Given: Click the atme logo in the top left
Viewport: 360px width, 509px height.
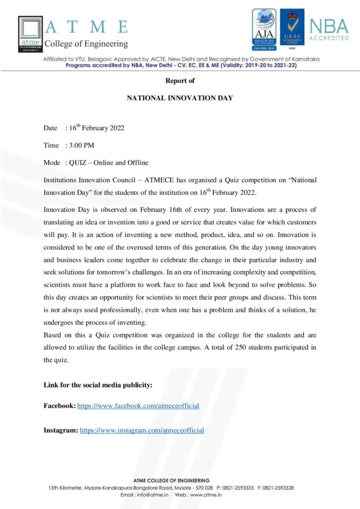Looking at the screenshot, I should tap(30, 34).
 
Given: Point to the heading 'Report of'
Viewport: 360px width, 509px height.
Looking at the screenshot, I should tap(180, 81).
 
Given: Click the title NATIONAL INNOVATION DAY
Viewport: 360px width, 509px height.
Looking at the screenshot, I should tap(180, 98).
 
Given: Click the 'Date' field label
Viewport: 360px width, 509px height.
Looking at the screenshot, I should tap(50, 128).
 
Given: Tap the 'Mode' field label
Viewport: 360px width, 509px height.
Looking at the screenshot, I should tap(52, 163).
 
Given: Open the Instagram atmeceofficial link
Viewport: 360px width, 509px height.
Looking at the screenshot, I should tap(142, 430).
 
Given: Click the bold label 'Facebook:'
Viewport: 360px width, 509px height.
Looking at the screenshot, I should tap(60, 406).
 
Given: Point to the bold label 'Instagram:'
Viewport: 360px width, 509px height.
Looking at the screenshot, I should tap(61, 430).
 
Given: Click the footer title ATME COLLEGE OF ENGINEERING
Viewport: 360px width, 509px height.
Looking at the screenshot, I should tap(171, 480).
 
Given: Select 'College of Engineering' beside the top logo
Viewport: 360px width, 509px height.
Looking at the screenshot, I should tap(87, 44).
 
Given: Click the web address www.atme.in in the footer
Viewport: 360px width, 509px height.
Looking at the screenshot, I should tap(205, 495).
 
